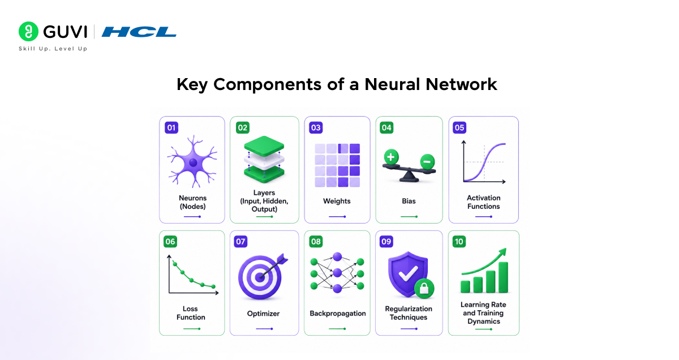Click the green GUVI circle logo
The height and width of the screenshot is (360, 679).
click(28, 31)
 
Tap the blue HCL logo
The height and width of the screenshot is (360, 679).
click(139, 32)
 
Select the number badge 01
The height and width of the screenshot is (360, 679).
click(171, 127)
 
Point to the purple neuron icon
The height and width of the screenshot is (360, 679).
click(192, 162)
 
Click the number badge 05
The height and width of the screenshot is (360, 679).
click(459, 127)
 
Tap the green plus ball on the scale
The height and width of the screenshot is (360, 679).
click(391, 157)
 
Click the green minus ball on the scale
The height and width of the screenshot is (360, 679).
click(427, 162)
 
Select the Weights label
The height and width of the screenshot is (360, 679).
click(337, 201)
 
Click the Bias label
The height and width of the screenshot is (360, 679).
click(409, 201)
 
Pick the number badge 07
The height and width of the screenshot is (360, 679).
click(240, 242)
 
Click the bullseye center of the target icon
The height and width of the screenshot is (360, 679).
click(260, 277)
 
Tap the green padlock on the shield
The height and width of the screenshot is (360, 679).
click(424, 289)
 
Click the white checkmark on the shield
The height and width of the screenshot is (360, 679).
click(408, 273)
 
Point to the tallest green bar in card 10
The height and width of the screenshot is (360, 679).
click(503, 277)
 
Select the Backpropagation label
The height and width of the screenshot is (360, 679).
click(338, 313)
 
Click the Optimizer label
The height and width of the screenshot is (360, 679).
click(263, 314)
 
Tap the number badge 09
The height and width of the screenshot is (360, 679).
click(386, 242)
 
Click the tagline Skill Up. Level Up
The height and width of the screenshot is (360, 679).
click(53, 49)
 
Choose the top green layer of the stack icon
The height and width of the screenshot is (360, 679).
click(264, 145)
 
